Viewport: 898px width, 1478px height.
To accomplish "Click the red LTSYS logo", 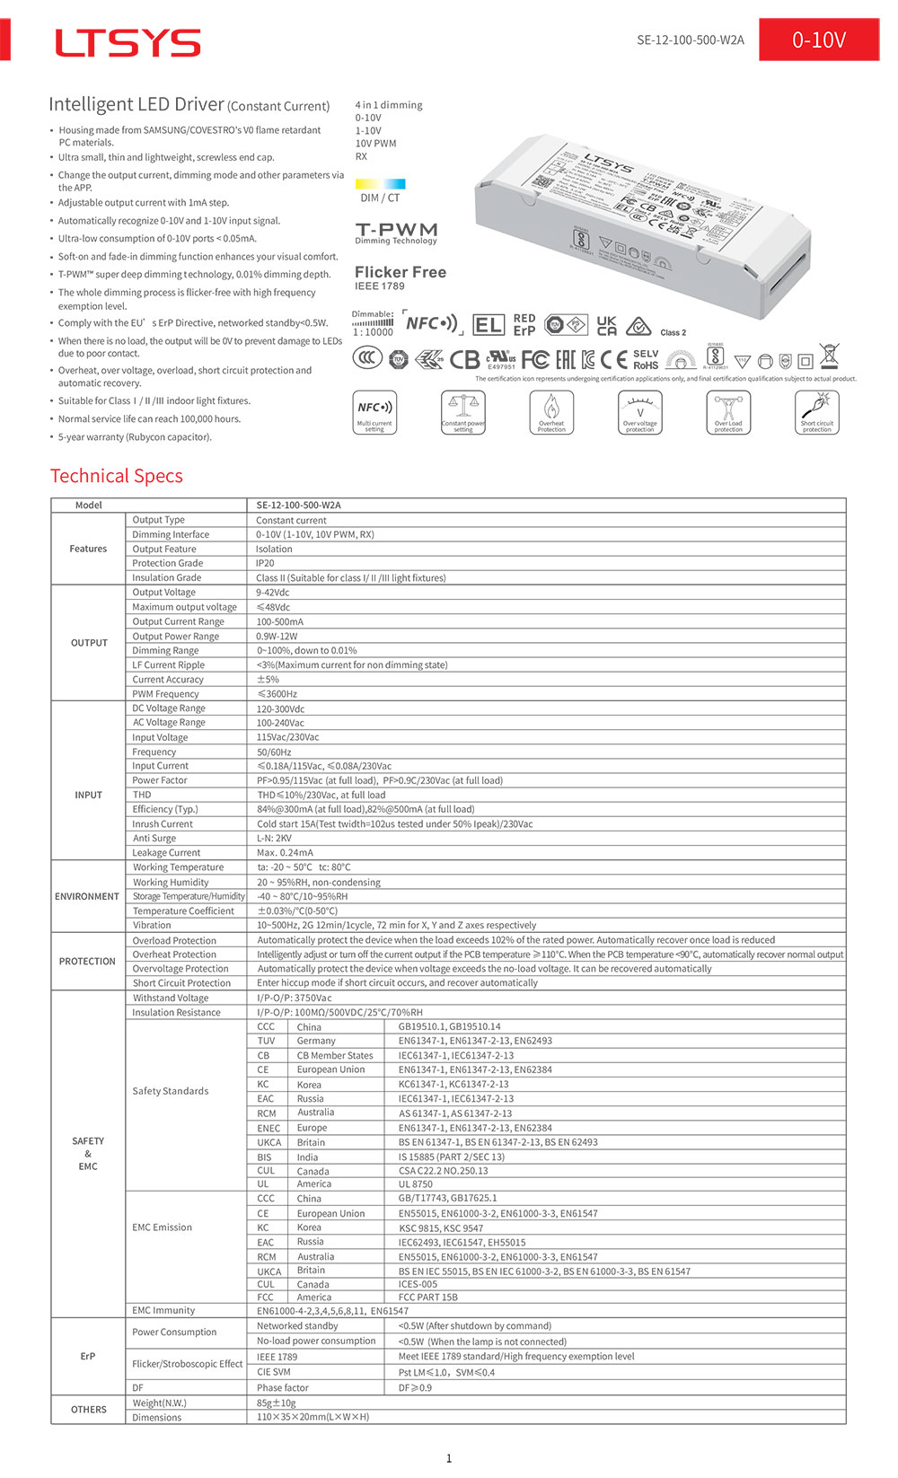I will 128,42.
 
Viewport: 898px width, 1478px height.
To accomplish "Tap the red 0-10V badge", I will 818,40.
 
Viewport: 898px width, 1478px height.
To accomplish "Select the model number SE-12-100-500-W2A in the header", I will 690,40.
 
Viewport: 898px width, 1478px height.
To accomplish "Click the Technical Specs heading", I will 117,476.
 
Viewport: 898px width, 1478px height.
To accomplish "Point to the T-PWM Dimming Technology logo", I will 396,233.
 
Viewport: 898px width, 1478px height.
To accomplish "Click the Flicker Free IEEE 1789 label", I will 400,277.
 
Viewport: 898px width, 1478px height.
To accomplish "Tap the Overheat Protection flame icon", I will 551,412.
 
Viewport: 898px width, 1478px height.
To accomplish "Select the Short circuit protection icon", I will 816,412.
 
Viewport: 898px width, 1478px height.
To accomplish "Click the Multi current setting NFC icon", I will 374,412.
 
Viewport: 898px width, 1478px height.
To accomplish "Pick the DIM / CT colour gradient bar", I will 380,184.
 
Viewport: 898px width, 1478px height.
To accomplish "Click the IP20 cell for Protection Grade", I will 265,564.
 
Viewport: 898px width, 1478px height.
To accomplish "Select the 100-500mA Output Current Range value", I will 280,621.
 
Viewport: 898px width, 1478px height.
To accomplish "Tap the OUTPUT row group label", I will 89,643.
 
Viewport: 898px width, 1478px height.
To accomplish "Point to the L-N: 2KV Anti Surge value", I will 274,839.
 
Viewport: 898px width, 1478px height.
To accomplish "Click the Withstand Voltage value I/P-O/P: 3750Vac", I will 295,998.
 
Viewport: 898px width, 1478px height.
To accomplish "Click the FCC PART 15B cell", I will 427,1297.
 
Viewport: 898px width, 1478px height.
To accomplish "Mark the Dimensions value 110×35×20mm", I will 313,1417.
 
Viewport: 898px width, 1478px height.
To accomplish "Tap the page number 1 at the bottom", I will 449,1458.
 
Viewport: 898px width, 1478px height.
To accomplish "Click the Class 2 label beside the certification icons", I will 673,332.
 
